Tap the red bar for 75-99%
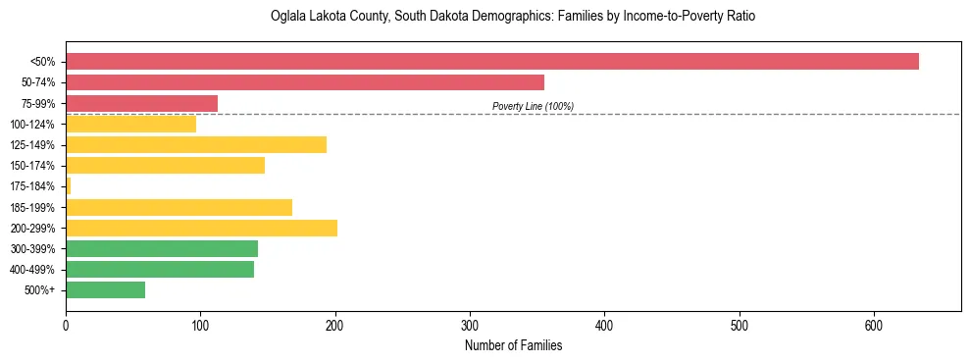click(x=141, y=103)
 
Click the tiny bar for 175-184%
click(x=68, y=185)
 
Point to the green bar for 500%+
click(x=105, y=289)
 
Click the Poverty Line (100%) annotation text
click(x=533, y=106)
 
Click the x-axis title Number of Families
click(x=513, y=345)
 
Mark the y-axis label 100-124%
click(x=32, y=124)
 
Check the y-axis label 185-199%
click(x=32, y=207)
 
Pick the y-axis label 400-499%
click(x=32, y=269)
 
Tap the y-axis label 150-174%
click(x=32, y=165)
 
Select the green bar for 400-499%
click(x=160, y=269)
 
